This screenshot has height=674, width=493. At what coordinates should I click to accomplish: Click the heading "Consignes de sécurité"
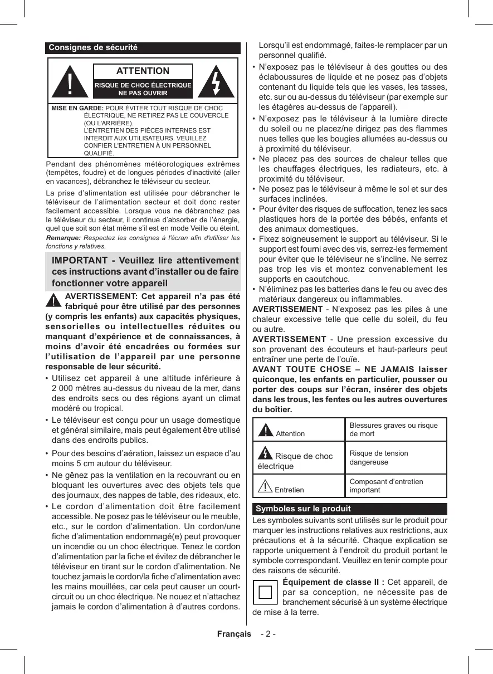point(93,48)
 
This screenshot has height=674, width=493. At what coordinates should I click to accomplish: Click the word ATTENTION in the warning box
point(143,71)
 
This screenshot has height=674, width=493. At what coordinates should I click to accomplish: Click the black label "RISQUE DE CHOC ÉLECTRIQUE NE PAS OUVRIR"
point(143,89)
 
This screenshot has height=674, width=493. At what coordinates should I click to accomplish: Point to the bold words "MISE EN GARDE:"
point(77,108)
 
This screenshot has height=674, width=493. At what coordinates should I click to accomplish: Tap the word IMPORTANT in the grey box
point(79,261)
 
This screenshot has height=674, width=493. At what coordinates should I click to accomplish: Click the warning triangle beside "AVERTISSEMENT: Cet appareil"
point(53,300)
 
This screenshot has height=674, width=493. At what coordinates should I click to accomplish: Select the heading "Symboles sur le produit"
point(303,509)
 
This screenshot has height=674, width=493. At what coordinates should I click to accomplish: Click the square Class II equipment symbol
point(265,592)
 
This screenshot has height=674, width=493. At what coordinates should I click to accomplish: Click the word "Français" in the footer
point(234,634)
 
